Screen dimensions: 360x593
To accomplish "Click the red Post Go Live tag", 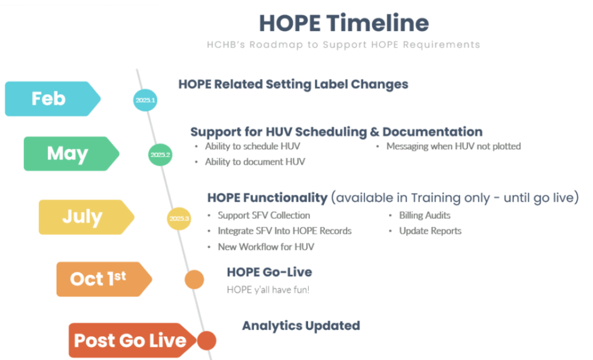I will (130, 340).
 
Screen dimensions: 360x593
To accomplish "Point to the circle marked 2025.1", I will (145, 100).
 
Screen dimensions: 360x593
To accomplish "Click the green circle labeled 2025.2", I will (160, 155).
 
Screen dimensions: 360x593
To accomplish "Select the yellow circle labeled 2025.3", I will (179, 218).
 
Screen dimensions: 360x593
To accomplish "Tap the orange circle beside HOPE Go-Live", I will (194, 280).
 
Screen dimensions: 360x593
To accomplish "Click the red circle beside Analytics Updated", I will (206, 340).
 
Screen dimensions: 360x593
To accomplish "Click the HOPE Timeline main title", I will (344, 23).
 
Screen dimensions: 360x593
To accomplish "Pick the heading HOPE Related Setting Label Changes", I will (293, 84).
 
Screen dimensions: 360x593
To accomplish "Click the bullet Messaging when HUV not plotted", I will (453, 146).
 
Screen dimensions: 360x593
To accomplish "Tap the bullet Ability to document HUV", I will (255, 162).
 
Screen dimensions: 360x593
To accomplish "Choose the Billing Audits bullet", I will (424, 215).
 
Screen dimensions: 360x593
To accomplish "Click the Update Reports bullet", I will (430, 231).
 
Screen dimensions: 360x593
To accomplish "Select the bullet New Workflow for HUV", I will (266, 247).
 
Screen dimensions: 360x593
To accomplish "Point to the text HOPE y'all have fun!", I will (268, 289).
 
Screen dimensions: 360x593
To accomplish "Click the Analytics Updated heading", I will (301, 326).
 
